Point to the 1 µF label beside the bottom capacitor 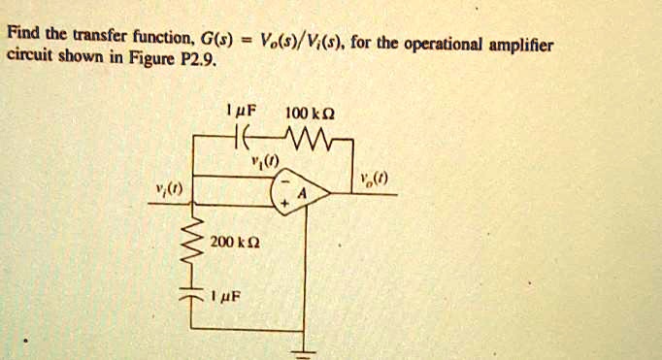tap(233, 288)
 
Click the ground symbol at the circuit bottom tap(310, 352)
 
